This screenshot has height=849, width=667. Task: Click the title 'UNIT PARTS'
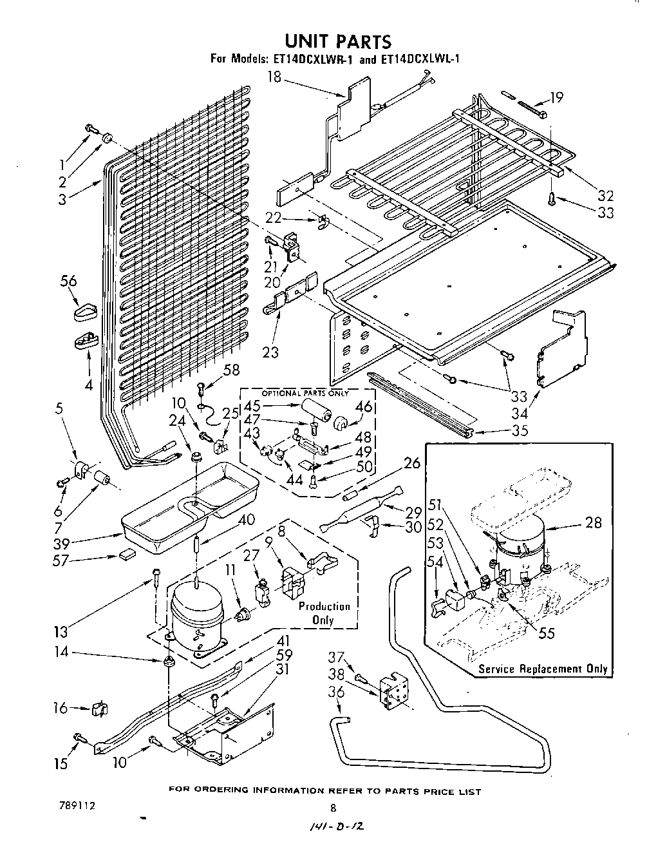(x=337, y=41)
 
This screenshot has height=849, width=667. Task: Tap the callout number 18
(x=274, y=77)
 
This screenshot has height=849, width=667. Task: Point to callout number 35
(x=520, y=430)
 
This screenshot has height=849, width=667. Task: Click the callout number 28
(x=594, y=522)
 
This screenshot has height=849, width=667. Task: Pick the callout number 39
(x=62, y=544)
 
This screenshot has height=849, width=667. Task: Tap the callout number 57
(x=61, y=560)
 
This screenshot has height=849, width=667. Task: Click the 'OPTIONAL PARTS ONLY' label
(x=305, y=393)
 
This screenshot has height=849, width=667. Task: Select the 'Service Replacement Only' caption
(x=543, y=669)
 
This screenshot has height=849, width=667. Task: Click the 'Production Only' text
(x=324, y=613)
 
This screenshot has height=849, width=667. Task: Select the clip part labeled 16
(x=100, y=709)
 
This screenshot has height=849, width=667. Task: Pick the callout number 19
(x=556, y=97)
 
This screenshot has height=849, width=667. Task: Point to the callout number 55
(x=546, y=633)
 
